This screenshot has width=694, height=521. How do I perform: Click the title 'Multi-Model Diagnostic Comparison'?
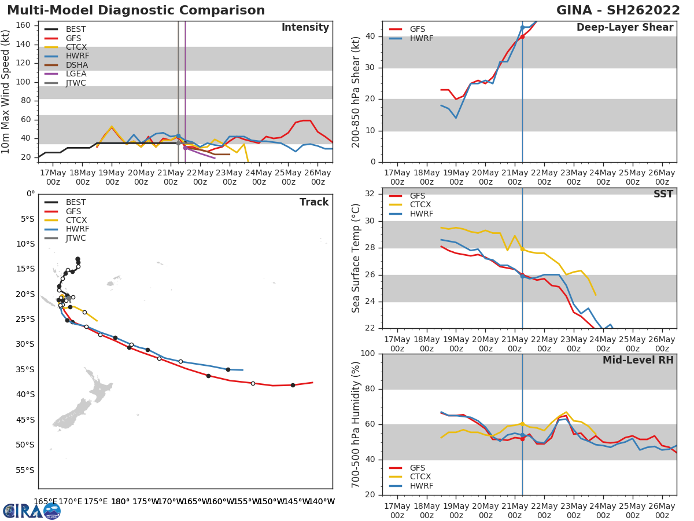point(136,10)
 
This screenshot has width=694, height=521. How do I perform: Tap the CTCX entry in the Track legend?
point(76,221)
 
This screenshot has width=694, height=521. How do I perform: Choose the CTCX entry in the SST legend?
point(420,205)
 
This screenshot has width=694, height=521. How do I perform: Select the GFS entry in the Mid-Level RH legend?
point(418,468)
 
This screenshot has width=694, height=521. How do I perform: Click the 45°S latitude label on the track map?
point(25,420)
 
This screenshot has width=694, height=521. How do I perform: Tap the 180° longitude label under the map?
point(120,501)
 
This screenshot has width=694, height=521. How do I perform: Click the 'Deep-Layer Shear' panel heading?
point(625,28)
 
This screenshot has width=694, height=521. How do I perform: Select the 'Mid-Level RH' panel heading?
point(638,361)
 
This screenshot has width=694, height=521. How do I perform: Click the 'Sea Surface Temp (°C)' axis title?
point(356,258)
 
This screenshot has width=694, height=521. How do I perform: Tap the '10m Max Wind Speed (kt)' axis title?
point(6,91)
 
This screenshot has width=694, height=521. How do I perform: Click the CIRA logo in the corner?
point(32,511)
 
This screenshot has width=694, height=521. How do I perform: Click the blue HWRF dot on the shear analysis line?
point(522,27)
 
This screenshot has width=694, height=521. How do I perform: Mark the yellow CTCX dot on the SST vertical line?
point(522,249)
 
